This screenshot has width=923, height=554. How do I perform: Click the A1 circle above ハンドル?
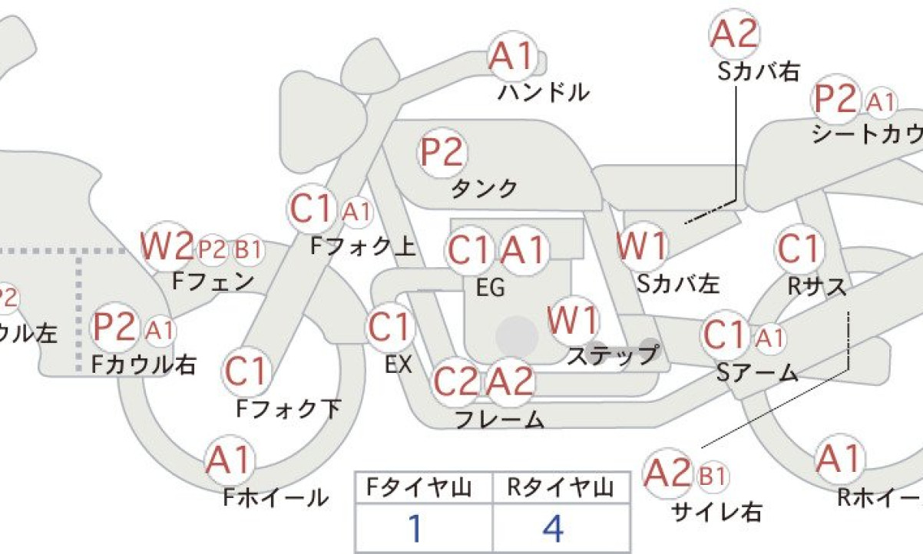513,56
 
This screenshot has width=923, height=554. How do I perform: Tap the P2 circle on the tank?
442,153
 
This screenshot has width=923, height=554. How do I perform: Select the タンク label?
485,189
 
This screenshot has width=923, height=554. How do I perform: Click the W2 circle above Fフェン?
167,246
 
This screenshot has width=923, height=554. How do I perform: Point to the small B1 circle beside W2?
248,249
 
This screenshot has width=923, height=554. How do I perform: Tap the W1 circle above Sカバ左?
641,246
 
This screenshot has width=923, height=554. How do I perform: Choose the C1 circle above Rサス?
799,249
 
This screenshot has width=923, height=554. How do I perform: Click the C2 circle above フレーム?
458,382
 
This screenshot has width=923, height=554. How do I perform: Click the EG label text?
491,288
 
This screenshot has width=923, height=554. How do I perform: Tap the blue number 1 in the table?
415,528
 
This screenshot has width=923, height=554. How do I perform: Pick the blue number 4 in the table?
553,528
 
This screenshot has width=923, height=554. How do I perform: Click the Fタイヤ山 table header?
418,488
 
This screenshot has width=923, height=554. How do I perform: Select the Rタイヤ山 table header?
560,488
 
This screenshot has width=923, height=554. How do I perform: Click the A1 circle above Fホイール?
230,460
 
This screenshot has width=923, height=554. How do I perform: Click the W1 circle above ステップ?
573,321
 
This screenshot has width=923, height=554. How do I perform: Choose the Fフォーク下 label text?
289,409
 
